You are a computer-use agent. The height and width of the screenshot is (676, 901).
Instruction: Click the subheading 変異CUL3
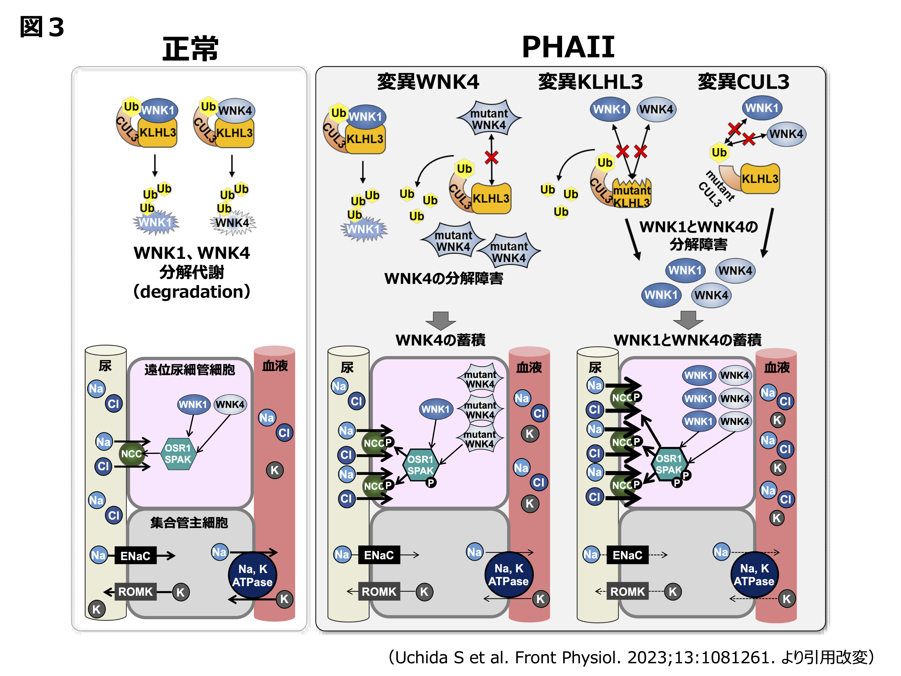click(743, 81)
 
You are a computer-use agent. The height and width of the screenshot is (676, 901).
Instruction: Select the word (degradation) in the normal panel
click(191, 292)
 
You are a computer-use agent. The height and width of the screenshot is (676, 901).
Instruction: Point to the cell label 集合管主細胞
click(189, 522)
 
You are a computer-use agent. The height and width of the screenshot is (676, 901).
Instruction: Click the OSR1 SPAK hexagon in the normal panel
click(178, 454)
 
